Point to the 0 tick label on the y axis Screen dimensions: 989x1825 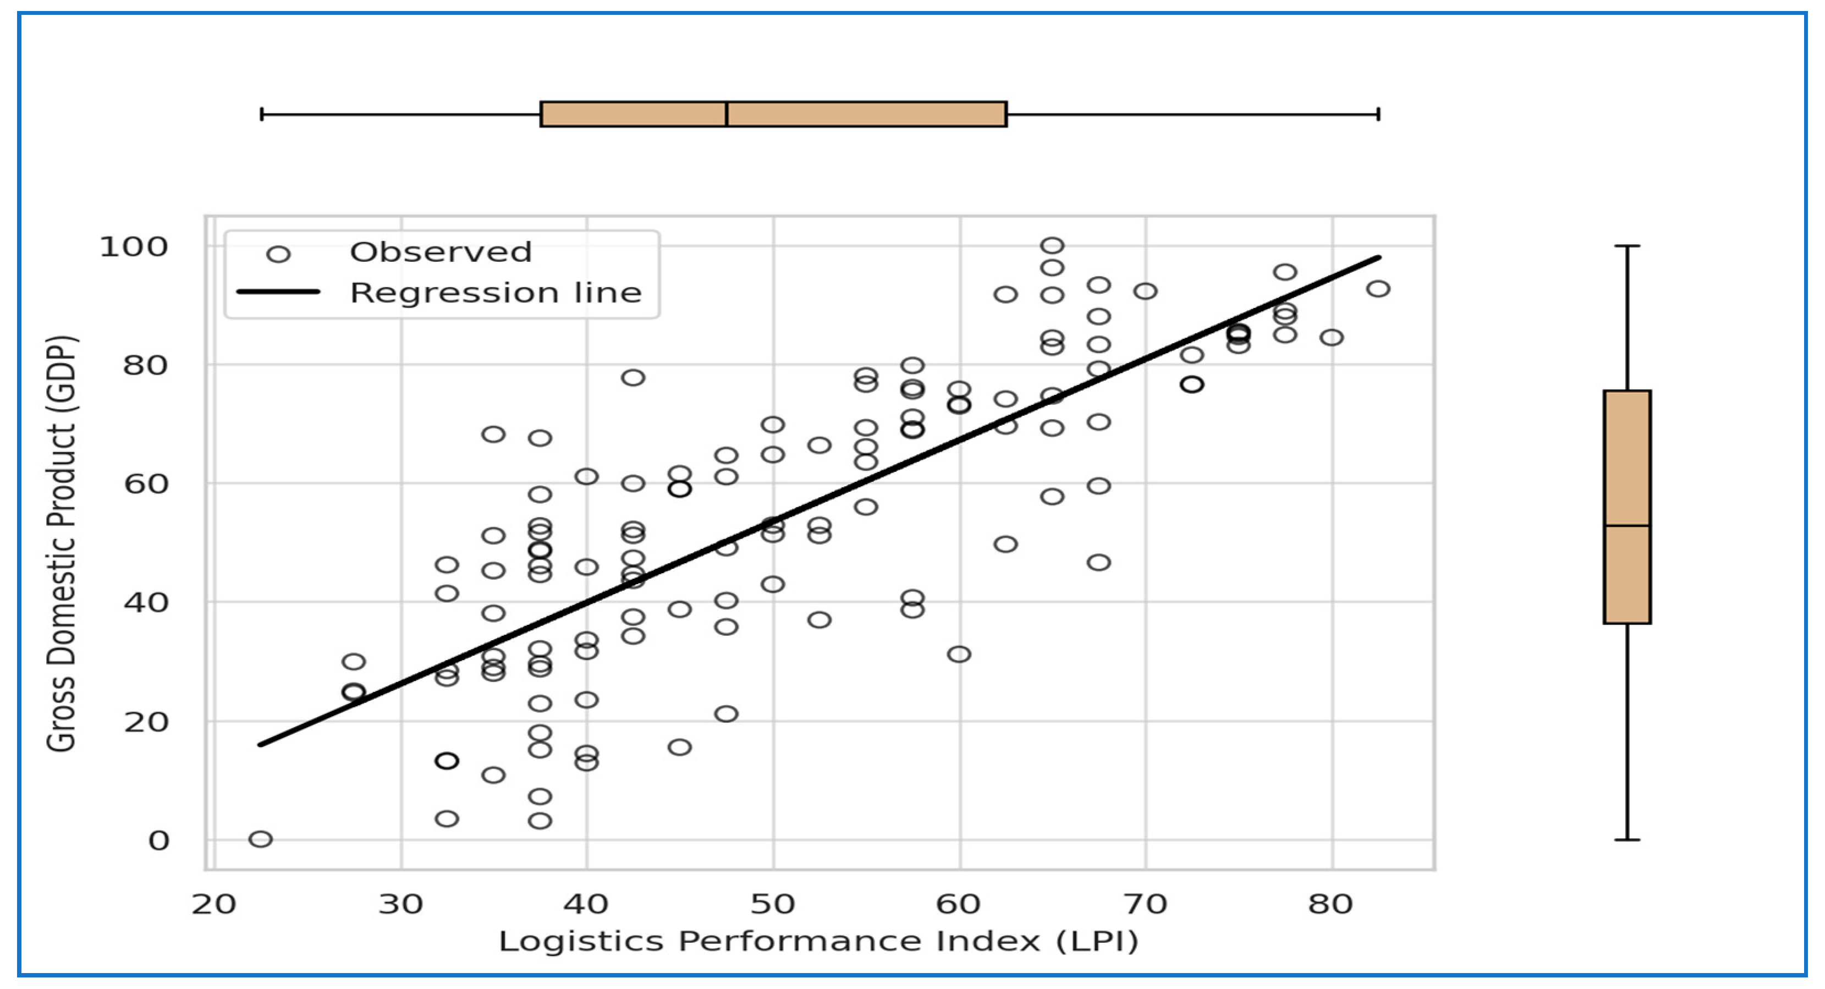[159, 840]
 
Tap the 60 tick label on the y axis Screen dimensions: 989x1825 [146, 485]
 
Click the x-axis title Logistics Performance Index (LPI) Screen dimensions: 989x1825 [818, 942]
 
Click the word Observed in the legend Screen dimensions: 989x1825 [441, 252]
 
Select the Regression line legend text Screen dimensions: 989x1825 [496, 293]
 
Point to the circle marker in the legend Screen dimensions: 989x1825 [278, 254]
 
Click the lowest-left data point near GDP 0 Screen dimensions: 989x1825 [261, 839]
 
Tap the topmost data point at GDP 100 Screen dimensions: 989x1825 [1052, 245]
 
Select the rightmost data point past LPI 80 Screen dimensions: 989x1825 [1378, 288]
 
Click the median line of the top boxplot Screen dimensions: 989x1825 [727, 114]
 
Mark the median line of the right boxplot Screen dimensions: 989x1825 [1628, 526]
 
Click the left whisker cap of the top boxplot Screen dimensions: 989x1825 [262, 114]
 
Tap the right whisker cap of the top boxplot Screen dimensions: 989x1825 [1378, 114]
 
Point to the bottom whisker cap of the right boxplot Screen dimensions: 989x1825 [1628, 839]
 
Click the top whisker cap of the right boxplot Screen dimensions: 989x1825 [1628, 246]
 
